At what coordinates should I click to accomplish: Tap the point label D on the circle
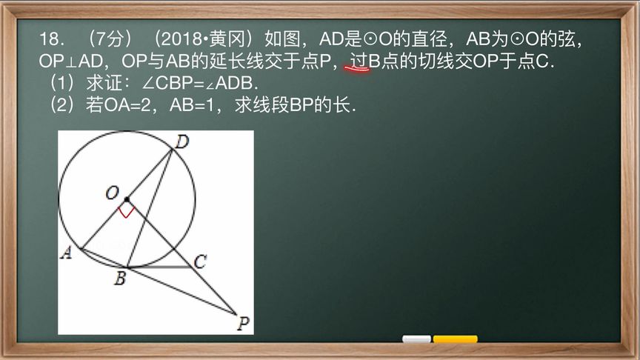(179, 139)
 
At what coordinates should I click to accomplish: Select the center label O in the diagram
(112, 193)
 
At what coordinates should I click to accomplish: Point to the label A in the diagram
(66, 253)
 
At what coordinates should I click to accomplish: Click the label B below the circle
(119, 279)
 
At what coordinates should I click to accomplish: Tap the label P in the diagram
(242, 322)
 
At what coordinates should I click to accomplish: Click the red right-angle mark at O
(126, 212)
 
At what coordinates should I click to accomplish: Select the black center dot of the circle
(127, 199)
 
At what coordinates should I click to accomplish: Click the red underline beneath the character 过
(358, 70)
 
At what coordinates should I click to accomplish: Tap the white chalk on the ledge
(416, 339)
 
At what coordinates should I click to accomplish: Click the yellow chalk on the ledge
(455, 339)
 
